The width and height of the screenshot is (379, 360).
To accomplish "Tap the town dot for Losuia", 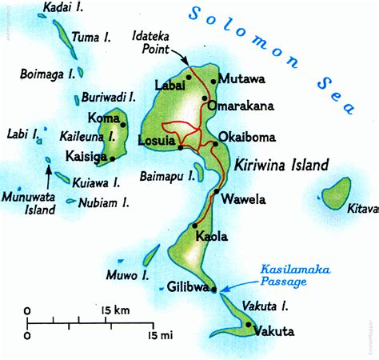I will coord(182,147).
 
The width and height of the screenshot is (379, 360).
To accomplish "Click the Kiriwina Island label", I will coord(281,166).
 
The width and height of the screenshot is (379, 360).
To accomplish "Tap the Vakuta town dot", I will coord(249,324).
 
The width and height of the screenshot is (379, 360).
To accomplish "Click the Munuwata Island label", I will coord(29,203).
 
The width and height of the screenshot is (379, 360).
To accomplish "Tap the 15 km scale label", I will coord(117,309).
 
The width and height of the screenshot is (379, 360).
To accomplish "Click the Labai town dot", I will coord(189,77).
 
